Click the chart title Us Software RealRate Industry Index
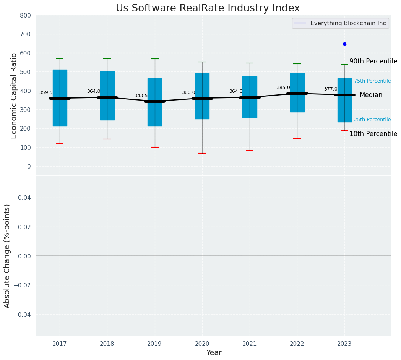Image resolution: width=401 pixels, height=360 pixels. [208, 8]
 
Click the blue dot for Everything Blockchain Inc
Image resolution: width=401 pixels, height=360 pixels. [344, 44]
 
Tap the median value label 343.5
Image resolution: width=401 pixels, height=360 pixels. [141, 96]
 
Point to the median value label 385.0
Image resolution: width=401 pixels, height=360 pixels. [283, 88]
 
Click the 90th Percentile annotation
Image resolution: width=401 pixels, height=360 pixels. [373, 61]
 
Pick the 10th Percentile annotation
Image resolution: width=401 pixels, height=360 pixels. [373, 134]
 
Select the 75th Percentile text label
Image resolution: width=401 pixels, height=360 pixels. [372, 81]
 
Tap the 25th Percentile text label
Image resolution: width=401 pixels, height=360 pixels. [372, 120]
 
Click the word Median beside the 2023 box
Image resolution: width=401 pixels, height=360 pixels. [371, 95]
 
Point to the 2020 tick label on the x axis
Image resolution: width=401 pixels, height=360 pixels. [202, 344]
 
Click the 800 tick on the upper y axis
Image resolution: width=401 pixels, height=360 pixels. [26, 15]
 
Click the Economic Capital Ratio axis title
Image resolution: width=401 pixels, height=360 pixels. [14, 96]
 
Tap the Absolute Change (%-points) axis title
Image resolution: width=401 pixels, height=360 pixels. [7, 256]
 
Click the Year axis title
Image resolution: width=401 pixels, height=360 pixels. [214, 353]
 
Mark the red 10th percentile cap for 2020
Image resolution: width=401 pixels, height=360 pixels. [202, 153]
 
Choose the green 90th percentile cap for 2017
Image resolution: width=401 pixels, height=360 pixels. [60, 58]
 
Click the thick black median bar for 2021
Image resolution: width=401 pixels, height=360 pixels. [250, 97]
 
